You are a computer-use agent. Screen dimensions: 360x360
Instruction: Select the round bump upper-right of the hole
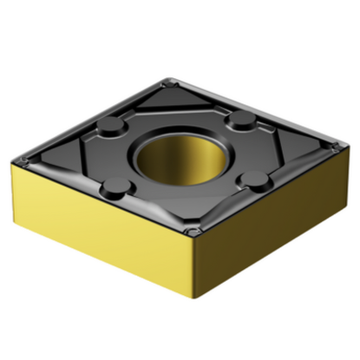[x=242, y=118]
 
